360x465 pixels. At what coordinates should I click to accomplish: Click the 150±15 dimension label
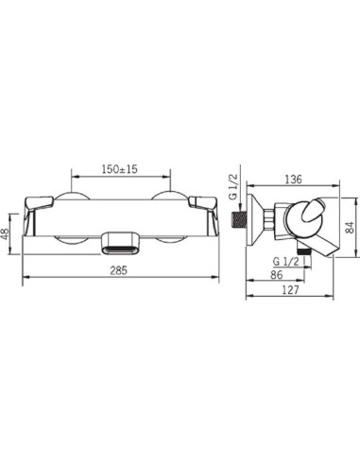[119, 169]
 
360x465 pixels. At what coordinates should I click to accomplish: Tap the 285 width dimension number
[119, 270]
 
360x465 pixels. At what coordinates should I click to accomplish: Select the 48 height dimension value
[7, 233]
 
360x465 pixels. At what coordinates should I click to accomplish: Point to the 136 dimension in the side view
[293, 180]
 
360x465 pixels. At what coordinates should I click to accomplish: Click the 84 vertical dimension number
[349, 227]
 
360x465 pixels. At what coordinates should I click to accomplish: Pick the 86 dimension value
[277, 275]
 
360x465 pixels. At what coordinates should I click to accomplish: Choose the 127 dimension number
[290, 289]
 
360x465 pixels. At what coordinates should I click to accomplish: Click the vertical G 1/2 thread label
[233, 187]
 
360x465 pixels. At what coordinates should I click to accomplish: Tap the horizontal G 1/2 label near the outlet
[285, 262]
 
